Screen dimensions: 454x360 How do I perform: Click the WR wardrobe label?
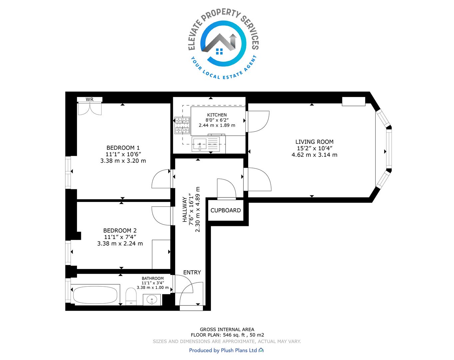(90, 99)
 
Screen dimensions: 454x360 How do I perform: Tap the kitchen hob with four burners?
(182, 126)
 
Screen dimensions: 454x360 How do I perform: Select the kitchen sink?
(200, 144)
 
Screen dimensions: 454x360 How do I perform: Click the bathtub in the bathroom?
(95, 295)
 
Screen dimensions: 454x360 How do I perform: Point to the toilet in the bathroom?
(131, 296)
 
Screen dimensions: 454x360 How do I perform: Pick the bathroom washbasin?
(152, 300)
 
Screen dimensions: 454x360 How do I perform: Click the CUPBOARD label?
(226, 210)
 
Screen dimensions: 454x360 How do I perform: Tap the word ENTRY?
(192, 272)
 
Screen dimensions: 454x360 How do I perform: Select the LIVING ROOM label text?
(314, 142)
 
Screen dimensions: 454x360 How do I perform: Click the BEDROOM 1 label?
(123, 148)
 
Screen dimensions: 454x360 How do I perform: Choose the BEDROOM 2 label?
(120, 231)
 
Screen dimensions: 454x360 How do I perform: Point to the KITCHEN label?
(217, 115)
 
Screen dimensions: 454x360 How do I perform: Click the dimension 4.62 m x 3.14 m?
(314, 155)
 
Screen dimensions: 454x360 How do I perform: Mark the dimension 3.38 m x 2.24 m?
(120, 243)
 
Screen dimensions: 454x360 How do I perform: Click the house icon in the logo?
(220, 44)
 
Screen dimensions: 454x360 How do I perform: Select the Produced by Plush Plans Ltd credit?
(226, 350)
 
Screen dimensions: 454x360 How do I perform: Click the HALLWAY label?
(185, 209)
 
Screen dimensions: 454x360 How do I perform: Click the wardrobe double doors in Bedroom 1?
(90, 109)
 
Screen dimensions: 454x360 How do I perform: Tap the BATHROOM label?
(153, 278)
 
